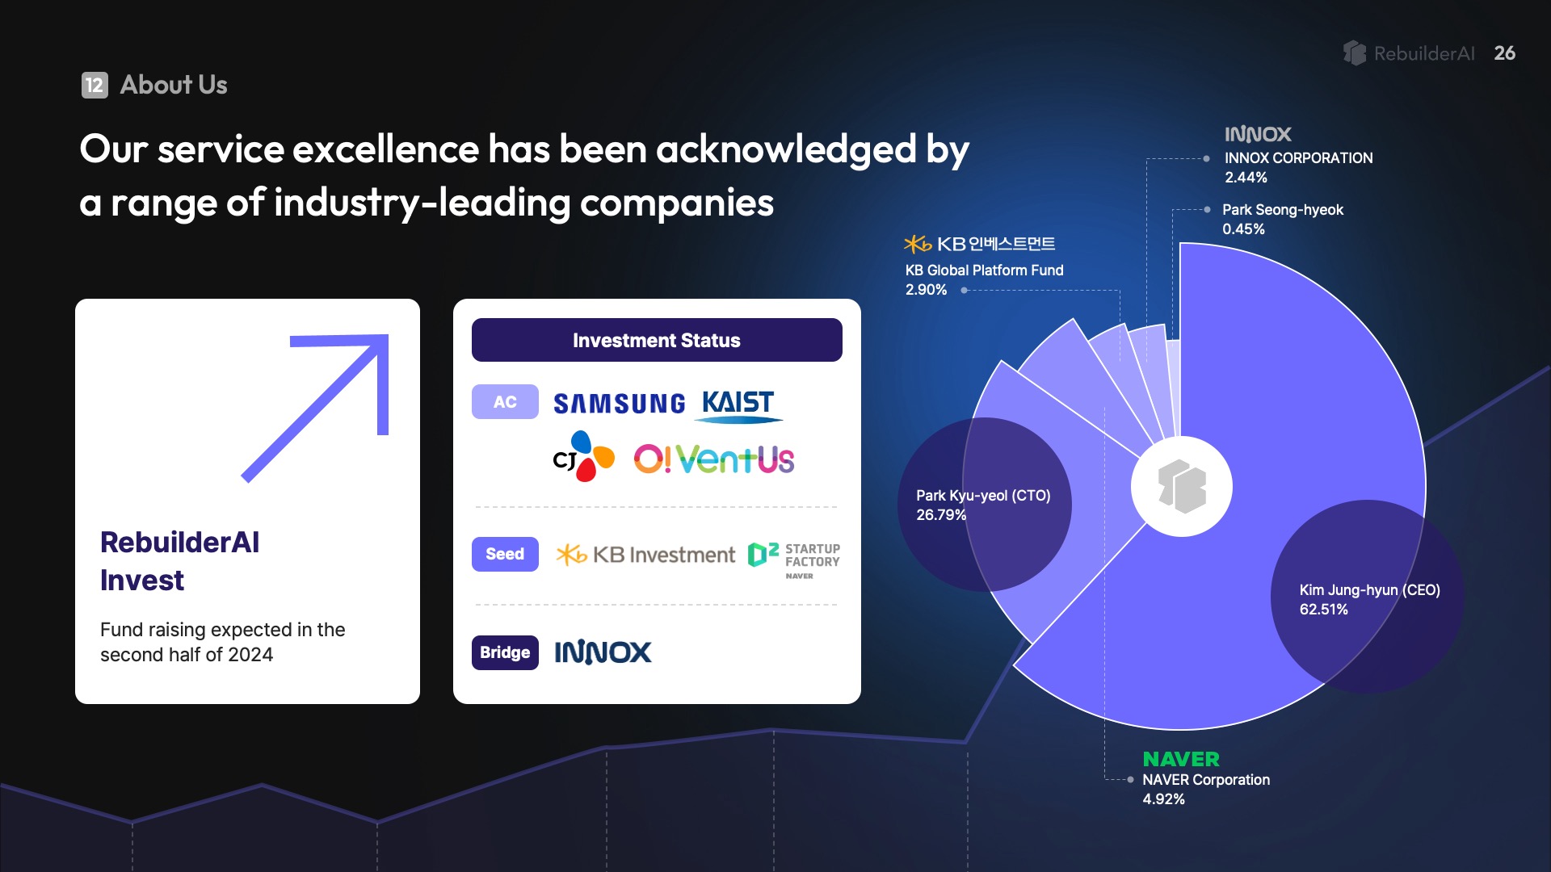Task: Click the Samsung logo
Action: [x=619, y=403]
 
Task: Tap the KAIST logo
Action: [x=738, y=405]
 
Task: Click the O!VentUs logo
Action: [x=714, y=459]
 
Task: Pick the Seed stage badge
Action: [x=505, y=554]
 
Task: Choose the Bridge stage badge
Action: [x=505, y=652]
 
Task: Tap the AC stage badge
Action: [x=505, y=401]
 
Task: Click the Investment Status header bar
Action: [x=657, y=340]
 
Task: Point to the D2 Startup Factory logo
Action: [x=794, y=559]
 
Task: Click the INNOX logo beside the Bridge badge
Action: [x=603, y=652]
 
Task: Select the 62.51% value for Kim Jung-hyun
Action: [x=1323, y=610]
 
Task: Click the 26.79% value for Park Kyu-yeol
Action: [x=941, y=515]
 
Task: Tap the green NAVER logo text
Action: [x=1181, y=759]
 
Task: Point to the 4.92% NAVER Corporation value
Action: [x=1163, y=799]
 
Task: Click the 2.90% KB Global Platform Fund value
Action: [x=926, y=290]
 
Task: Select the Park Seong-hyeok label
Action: [x=1283, y=210]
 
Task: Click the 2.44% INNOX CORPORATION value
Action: [x=1246, y=178]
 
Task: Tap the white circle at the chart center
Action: [x=1182, y=486]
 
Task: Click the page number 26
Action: [x=1505, y=53]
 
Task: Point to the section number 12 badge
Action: [x=95, y=85]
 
